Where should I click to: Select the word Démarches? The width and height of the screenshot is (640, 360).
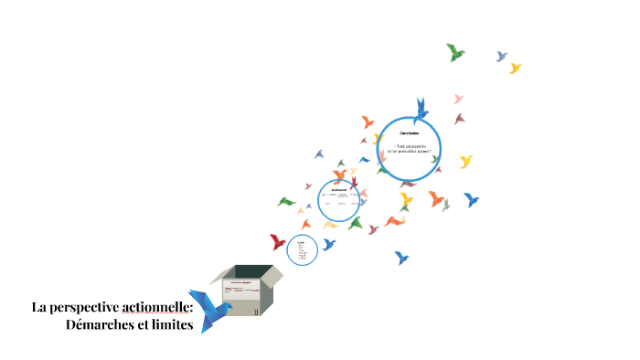100,325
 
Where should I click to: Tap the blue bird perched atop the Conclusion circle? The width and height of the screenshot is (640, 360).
421,110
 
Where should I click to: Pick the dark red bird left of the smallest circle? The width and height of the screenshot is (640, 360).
277,242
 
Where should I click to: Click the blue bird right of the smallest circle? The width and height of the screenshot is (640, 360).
328,244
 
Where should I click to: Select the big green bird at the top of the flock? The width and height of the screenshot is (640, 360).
454,52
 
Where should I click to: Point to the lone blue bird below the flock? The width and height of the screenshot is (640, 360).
400,258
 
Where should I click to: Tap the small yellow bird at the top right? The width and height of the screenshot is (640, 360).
515,68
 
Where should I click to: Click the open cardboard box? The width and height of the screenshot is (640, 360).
247,291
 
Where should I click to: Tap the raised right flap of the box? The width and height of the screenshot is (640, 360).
271,274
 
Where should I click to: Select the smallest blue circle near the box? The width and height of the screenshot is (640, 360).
302,249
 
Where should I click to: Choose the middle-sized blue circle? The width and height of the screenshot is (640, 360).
338,200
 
